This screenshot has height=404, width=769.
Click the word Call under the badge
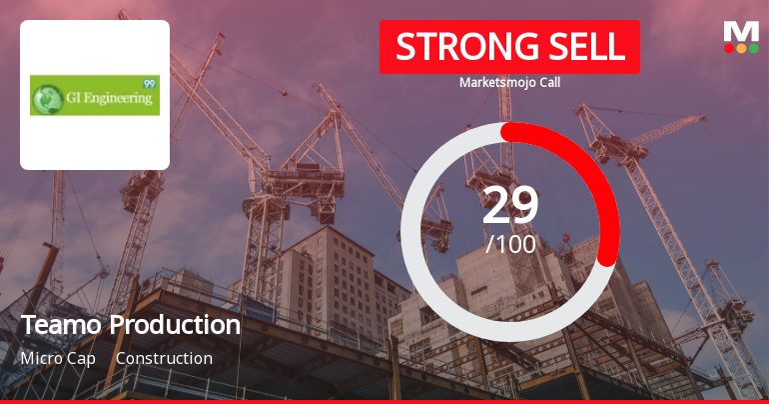pos(547,82)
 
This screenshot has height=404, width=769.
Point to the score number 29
pos(510,205)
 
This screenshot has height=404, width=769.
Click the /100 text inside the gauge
pos(510,244)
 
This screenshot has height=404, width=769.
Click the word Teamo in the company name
pos(61,325)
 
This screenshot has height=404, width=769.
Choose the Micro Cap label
pos(58,358)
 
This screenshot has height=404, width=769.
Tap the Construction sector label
pos(164,358)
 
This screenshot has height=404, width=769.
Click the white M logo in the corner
pos(741,31)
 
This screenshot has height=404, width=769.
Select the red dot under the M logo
pos(729,48)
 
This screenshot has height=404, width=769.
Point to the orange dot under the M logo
pos(741,48)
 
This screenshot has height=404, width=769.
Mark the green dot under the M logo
pos(753,48)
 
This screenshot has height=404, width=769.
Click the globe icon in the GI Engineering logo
pos(46,98)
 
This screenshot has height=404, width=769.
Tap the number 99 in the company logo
pos(150,83)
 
